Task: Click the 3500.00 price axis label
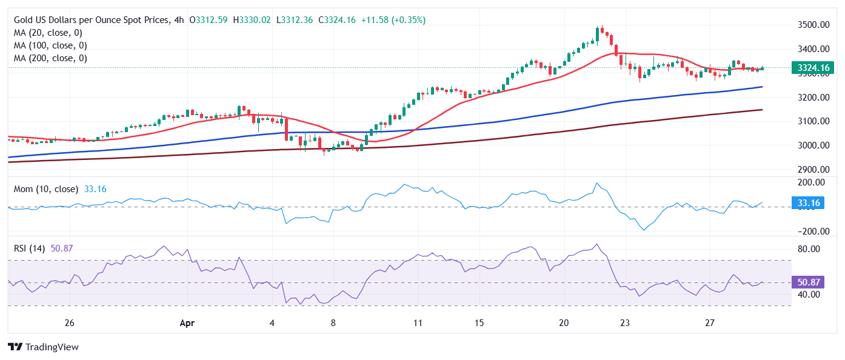812,25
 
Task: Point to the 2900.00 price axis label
812,170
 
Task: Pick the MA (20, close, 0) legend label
48,33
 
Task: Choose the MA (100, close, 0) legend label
50,45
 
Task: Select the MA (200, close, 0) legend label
50,58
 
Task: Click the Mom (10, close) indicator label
46,189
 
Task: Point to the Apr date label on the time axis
187,324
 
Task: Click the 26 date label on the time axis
69,324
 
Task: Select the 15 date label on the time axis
479,324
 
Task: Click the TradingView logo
43,347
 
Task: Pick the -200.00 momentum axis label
810,232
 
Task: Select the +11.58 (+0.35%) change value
393,20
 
